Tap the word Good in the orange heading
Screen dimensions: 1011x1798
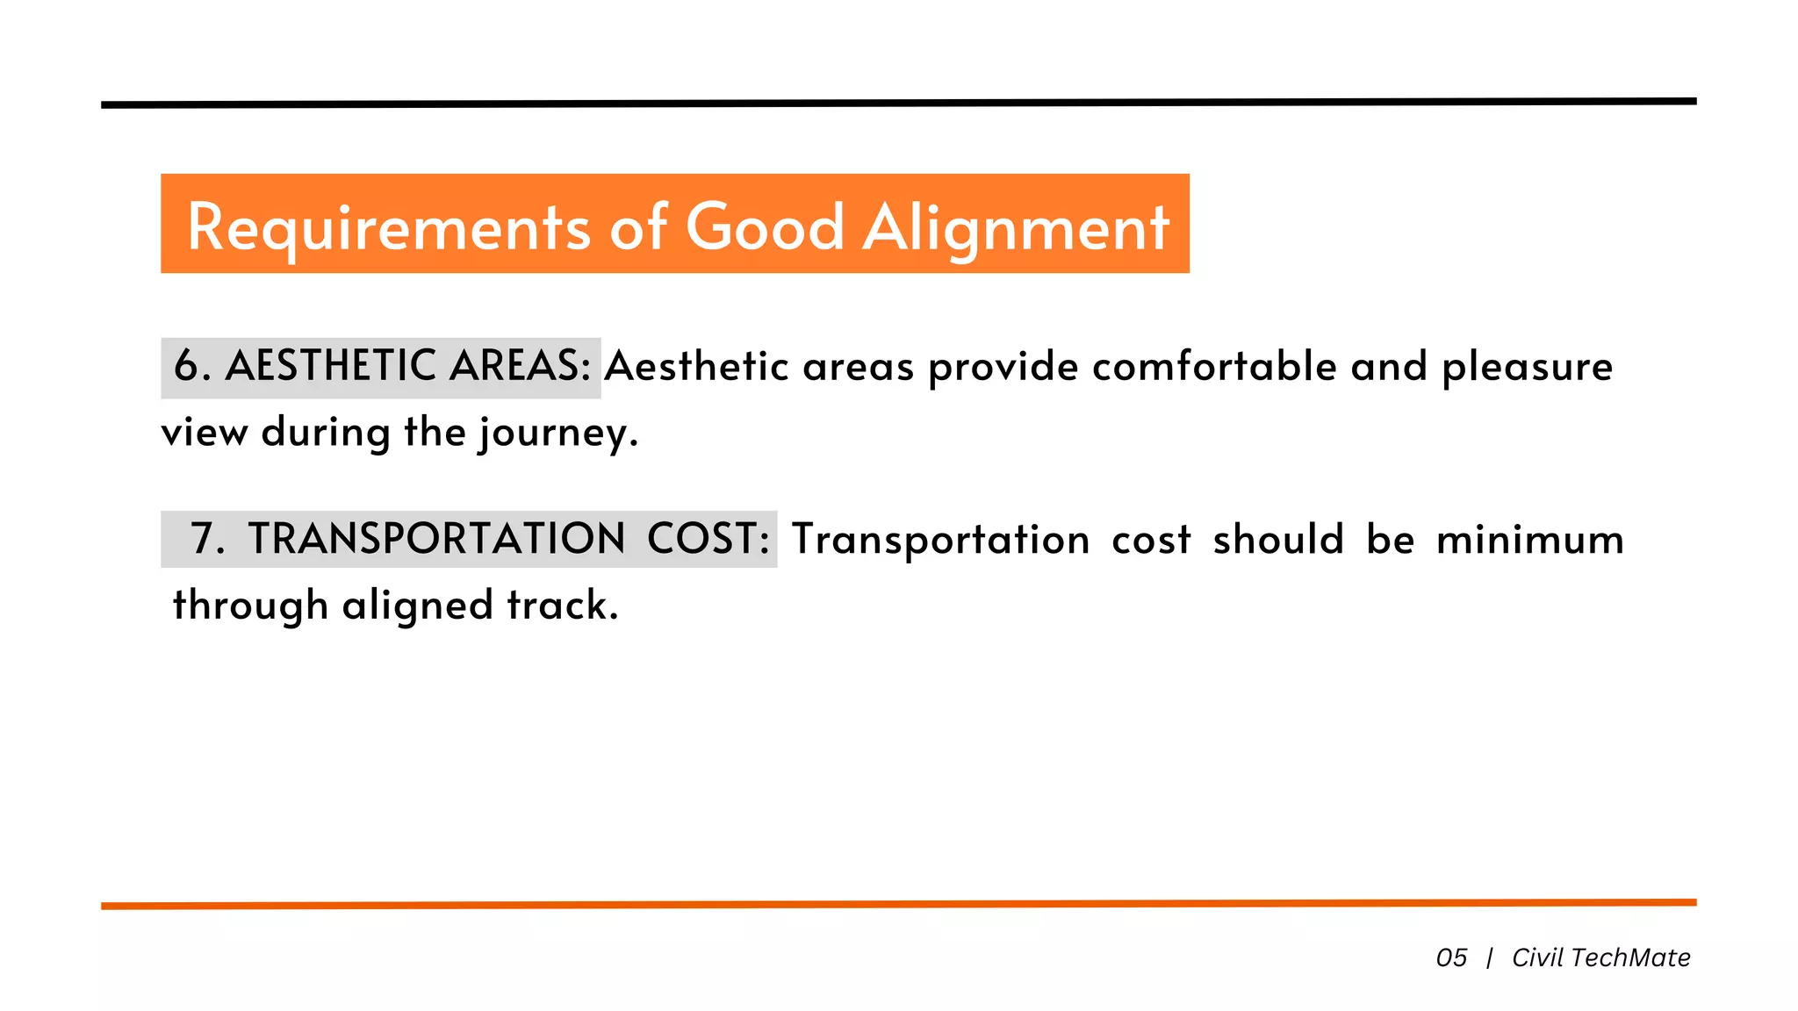point(765,226)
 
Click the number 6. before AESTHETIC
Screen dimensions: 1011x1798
point(192,366)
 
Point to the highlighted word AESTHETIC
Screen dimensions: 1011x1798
point(331,366)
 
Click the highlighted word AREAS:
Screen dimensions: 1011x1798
point(520,366)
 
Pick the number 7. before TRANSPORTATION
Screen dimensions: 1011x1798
point(208,539)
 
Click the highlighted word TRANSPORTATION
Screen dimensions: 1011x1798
point(436,539)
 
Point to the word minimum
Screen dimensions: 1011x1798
point(1530,539)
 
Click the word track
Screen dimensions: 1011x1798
point(563,606)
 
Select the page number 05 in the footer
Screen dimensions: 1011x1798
point(1451,957)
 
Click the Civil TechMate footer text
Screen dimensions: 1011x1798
point(1600,957)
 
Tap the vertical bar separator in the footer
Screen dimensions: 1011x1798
point(1490,957)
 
